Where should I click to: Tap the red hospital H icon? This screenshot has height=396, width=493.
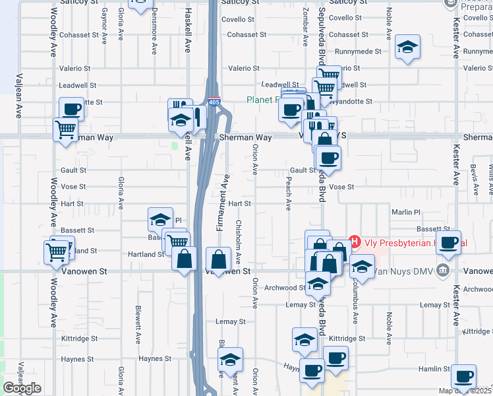(355, 242)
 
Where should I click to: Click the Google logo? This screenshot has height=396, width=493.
(22, 388)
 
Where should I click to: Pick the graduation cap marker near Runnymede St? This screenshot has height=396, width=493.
(409, 47)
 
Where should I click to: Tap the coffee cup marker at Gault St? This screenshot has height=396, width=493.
(328, 158)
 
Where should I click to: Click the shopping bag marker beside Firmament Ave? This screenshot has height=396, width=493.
(218, 259)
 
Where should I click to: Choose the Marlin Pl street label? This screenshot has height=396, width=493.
(405, 212)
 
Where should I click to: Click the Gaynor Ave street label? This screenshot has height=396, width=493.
(104, 26)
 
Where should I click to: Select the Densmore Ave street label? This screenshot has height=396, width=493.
(154, 30)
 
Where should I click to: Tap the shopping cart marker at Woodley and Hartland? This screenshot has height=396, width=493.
(57, 251)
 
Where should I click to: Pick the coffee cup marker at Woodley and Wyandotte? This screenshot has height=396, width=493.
(71, 110)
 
